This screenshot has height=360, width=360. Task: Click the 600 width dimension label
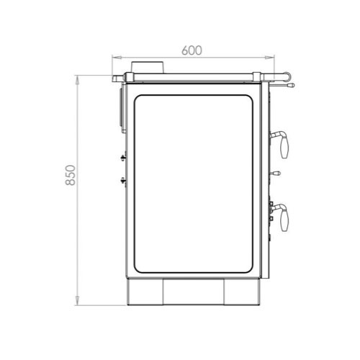click(192, 50)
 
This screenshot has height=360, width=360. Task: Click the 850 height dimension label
click(71, 175)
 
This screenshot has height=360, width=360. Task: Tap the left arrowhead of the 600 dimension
click(116, 57)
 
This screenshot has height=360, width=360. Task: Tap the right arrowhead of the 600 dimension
click(270, 57)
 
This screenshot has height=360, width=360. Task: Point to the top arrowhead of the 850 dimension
click(77, 80)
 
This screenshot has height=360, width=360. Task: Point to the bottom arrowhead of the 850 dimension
click(77, 301)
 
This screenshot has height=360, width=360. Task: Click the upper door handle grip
click(284, 147)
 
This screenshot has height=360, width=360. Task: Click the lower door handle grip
click(284, 220)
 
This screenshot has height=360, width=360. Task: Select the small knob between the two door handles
click(276, 173)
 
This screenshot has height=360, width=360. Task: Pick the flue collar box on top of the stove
click(148, 68)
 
